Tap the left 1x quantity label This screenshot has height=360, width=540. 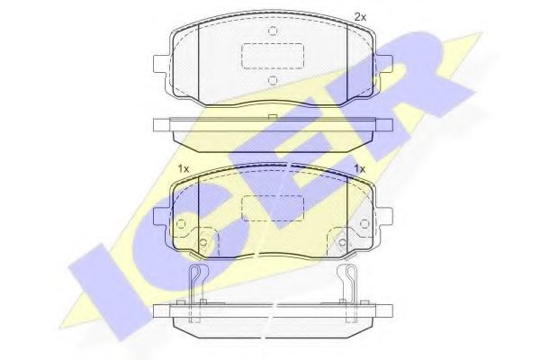pos(183,168)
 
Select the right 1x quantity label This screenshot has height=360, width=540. pos(359,168)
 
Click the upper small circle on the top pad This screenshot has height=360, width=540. pos(272,31)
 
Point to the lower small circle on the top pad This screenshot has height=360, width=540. pos(272,80)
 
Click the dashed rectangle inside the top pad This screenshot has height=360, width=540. pos(272,56)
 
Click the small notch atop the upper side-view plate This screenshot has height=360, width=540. pos(272,117)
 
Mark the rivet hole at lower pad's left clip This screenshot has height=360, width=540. pos(202,242)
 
